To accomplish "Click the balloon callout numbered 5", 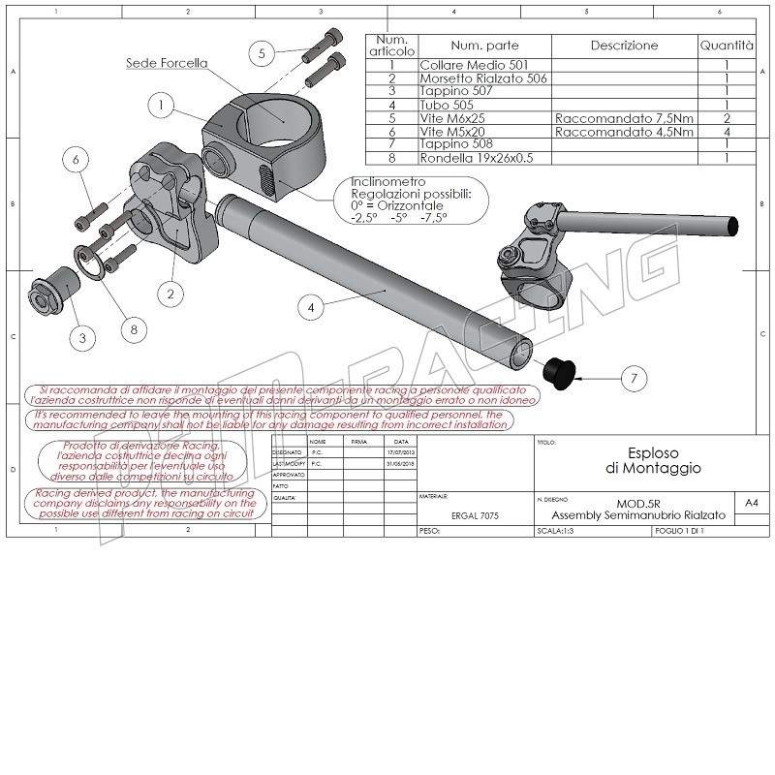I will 262,55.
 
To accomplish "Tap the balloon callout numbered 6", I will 79,163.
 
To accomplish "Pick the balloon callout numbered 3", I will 82,338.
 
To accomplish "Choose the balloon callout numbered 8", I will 134,329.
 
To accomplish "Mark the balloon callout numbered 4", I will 311,308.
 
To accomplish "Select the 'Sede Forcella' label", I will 167,64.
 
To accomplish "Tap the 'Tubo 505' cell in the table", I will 447,104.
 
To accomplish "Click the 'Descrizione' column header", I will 624,46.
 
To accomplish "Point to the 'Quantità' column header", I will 726,46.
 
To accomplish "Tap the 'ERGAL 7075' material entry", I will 475,517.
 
